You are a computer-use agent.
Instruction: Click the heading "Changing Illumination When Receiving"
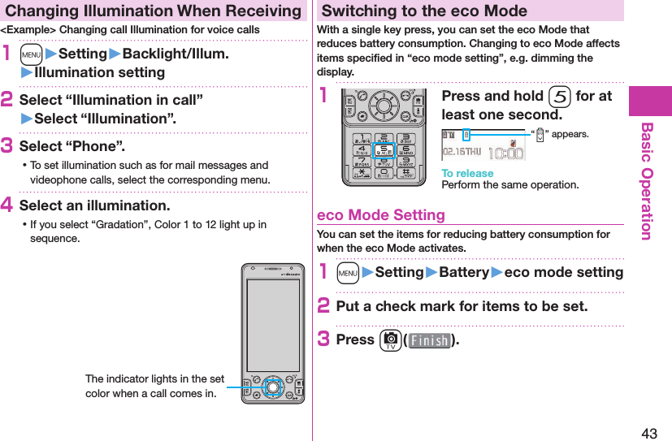coord(152,11)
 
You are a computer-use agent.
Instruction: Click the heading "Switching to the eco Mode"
coord(424,11)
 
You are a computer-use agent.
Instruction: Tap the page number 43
coord(649,433)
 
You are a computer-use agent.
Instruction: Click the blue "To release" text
coord(467,173)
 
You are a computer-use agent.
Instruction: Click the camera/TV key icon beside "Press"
coord(389,340)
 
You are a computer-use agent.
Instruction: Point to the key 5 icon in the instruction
coord(558,97)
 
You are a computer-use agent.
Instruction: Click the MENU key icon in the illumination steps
coord(32,54)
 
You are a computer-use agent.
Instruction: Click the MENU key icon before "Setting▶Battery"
coord(349,273)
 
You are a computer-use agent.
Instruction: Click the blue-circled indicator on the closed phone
coord(273,387)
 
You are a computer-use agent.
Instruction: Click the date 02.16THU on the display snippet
coord(462,152)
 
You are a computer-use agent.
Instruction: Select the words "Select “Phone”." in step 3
coord(72,146)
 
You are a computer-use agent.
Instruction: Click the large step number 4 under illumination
coord(8,205)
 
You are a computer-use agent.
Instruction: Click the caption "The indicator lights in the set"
coord(154,379)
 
